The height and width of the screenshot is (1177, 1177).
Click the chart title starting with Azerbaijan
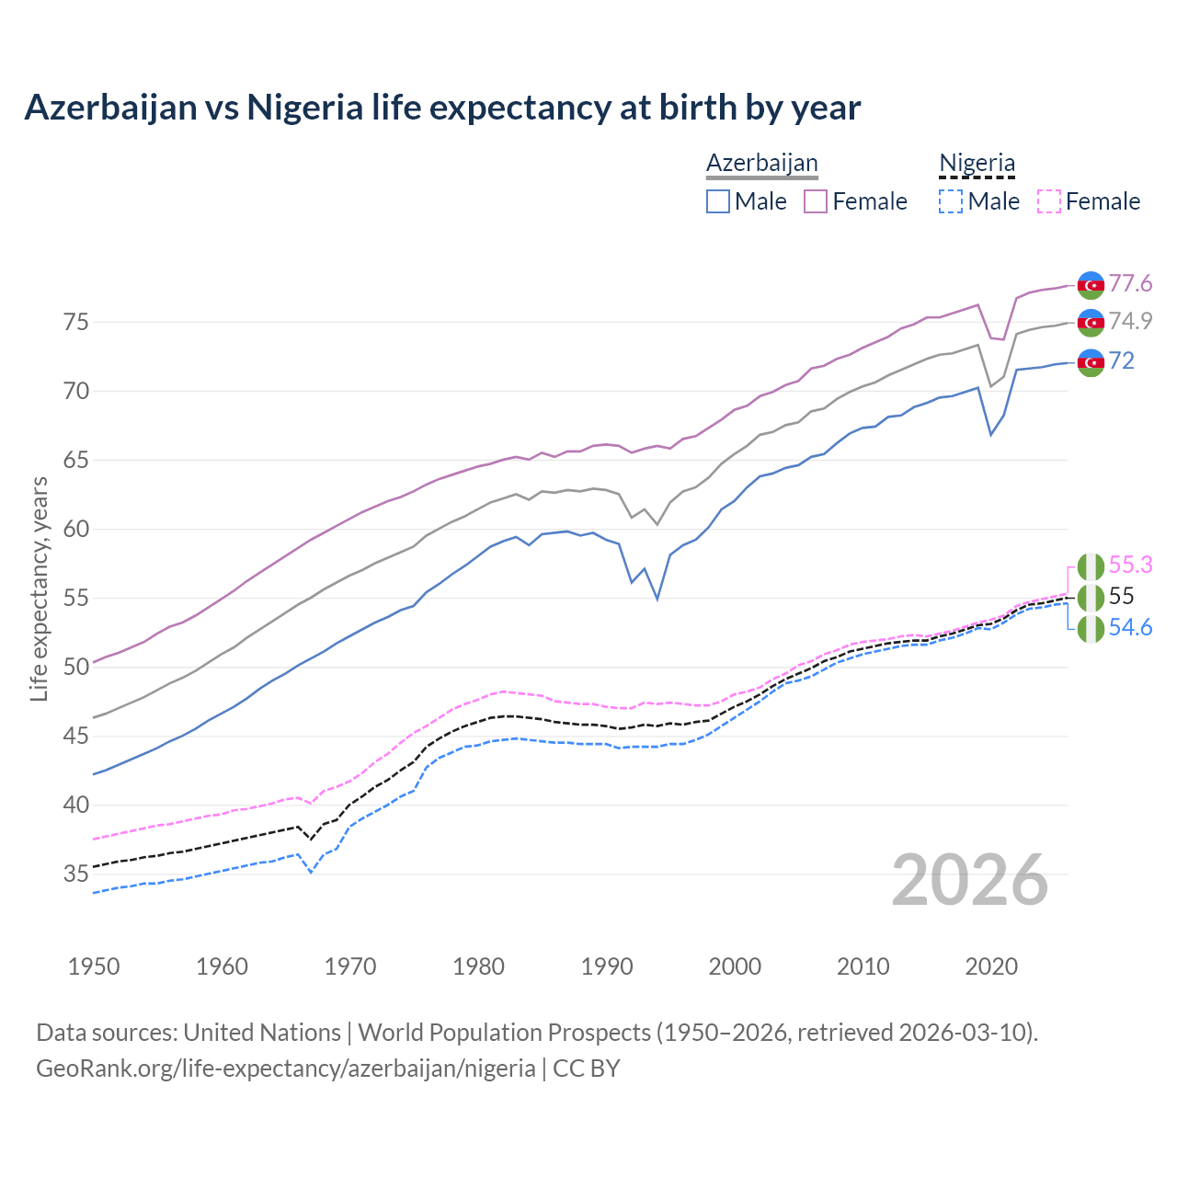[x=442, y=108]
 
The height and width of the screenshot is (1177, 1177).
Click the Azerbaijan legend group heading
[x=761, y=163]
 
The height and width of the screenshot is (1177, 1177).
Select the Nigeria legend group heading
[x=977, y=163]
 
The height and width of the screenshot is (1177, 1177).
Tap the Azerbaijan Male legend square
[x=718, y=201]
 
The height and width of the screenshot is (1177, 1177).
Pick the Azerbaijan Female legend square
[x=816, y=201]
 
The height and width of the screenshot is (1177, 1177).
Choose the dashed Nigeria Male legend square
[x=951, y=201]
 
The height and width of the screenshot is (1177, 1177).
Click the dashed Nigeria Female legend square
[x=1049, y=201]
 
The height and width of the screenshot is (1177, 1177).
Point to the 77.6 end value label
[x=1130, y=283]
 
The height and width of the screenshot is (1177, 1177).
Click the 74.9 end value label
[x=1130, y=321]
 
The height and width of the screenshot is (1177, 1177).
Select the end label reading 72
[x=1121, y=360]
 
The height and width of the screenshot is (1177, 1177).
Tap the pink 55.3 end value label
[x=1130, y=565]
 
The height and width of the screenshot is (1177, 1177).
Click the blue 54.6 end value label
[x=1130, y=627]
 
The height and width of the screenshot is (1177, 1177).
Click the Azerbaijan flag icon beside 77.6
[x=1091, y=285]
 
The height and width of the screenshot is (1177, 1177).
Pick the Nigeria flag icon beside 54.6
[x=1091, y=629]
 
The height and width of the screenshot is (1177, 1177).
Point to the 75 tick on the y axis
[x=75, y=323]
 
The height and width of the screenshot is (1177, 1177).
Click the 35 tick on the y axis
[x=75, y=874]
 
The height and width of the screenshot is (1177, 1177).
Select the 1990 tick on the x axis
[x=607, y=966]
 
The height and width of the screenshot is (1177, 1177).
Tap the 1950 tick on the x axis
[x=94, y=966]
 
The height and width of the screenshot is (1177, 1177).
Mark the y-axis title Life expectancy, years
[x=39, y=588]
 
